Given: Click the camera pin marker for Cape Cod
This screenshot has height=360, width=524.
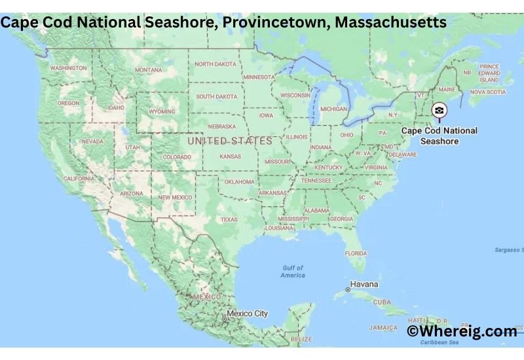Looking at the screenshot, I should (440, 111).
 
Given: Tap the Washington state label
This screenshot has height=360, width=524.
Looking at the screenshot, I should (68, 68).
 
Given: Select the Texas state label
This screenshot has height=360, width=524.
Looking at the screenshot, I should (229, 219).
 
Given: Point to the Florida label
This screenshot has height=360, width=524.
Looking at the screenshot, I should (356, 253).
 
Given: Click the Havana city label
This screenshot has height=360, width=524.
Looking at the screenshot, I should (365, 285).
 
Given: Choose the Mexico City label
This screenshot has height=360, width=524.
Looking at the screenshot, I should (247, 314).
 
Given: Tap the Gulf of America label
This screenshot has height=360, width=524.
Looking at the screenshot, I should (293, 271).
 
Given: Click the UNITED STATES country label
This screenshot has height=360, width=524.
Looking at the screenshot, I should (229, 141).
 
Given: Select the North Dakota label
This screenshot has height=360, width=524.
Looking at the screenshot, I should (215, 64).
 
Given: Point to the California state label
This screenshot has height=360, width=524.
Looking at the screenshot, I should (78, 178).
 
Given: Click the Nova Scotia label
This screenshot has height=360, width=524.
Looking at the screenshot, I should (488, 92).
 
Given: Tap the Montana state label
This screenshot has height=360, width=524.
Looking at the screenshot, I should (148, 70).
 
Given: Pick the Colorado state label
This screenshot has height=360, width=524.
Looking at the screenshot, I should (177, 157).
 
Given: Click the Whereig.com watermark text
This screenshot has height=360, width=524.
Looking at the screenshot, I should (462, 332).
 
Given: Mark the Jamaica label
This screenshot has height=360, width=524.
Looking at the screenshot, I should (383, 327).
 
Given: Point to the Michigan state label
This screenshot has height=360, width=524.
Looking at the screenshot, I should (333, 109).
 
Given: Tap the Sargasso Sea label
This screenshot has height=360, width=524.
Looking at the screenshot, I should (510, 250).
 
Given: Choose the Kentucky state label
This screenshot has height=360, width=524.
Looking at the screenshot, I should (328, 168).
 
